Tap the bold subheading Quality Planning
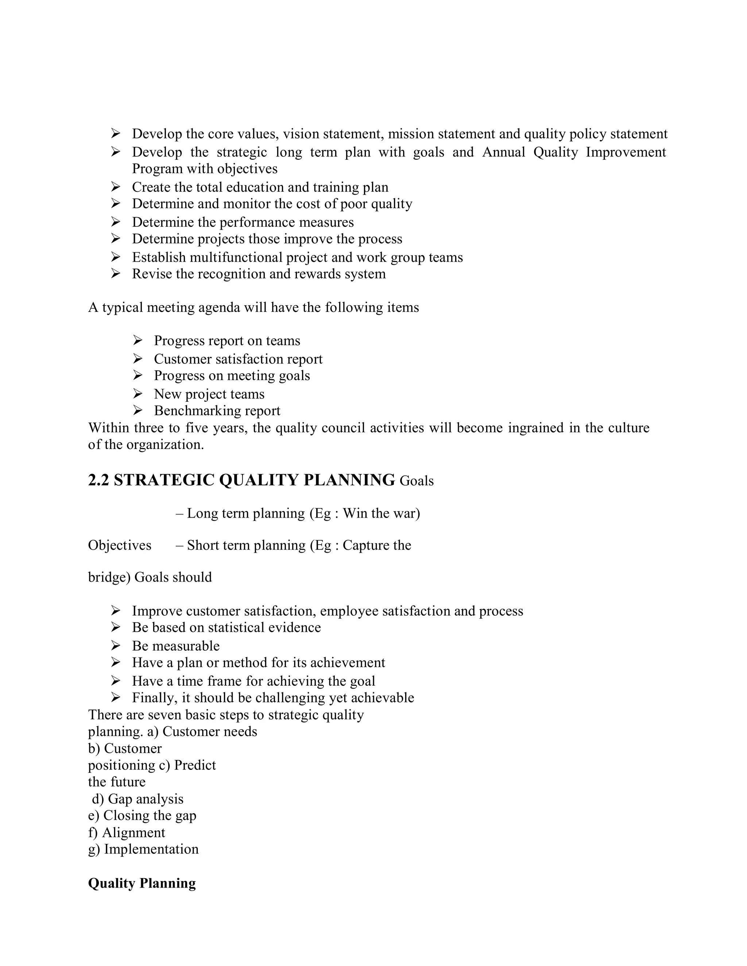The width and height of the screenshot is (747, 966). pos(142,883)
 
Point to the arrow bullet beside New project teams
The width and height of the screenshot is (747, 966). pos(138,393)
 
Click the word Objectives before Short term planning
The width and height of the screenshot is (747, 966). pos(120,545)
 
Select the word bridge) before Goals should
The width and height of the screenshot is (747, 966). pos(109,577)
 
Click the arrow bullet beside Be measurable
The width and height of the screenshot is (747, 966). pos(116,646)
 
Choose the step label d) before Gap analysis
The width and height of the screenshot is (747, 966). pos(97,799)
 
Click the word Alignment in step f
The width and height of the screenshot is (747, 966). pos(133,833)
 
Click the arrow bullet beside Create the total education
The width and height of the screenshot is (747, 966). pos(116,187)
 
